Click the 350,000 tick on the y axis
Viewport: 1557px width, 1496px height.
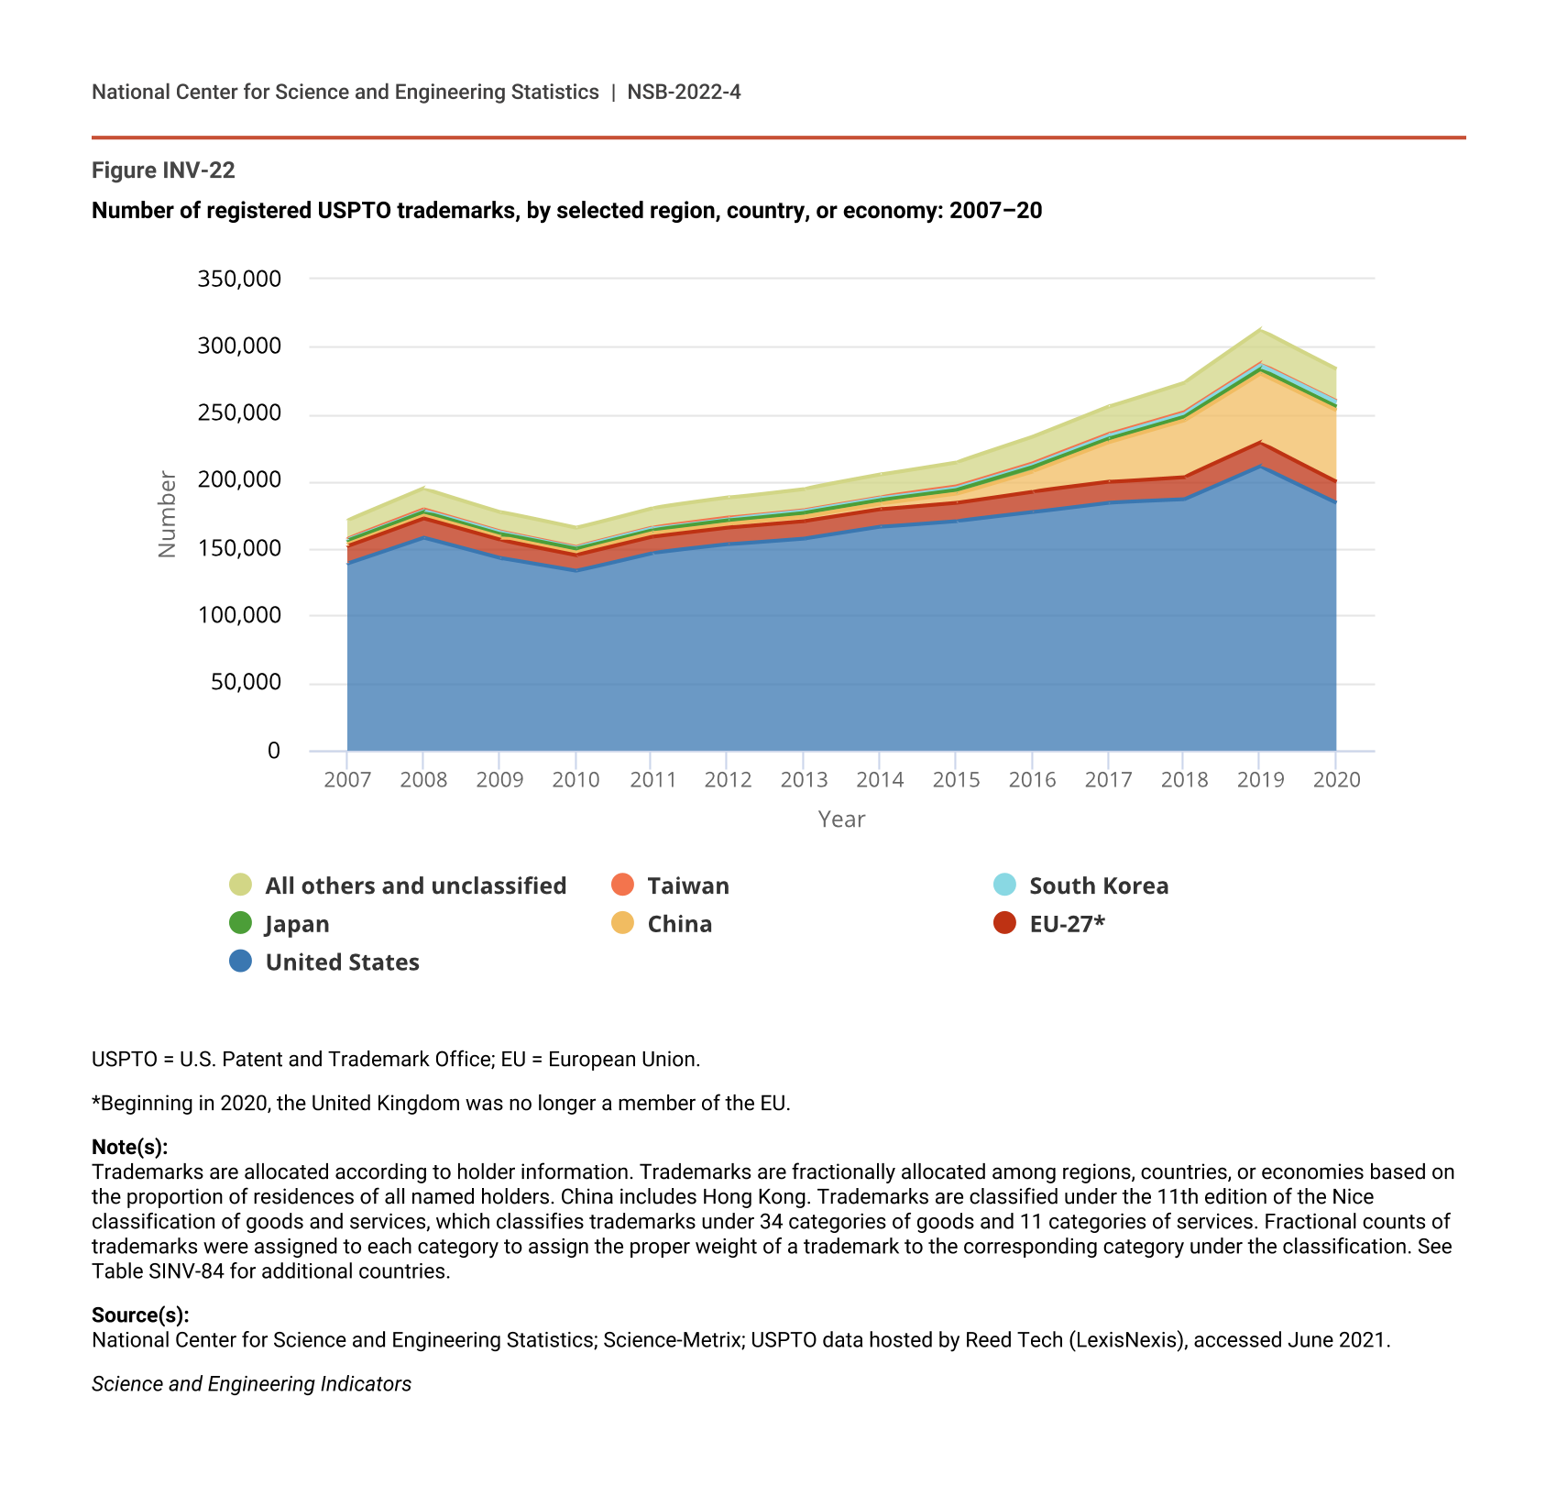(239, 279)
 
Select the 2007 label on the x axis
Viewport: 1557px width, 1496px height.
(347, 780)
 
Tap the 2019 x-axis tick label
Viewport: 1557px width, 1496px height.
(1260, 780)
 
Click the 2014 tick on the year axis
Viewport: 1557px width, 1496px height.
(880, 780)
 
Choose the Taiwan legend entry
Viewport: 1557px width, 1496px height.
(687, 886)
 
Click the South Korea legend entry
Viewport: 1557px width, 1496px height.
(1098, 886)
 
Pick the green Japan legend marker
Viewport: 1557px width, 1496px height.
(240, 923)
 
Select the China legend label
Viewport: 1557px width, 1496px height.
(679, 924)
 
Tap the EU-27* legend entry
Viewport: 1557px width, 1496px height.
(1067, 924)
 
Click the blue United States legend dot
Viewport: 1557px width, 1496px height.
(240, 962)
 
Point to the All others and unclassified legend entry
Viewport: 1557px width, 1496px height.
(415, 886)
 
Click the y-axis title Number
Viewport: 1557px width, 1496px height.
(167, 514)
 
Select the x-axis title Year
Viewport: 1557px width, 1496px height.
(841, 819)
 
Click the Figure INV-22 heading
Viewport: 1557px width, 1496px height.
(163, 170)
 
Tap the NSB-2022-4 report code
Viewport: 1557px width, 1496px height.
(684, 93)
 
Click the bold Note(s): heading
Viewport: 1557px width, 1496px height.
(129, 1148)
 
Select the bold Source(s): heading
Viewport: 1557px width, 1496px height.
(140, 1315)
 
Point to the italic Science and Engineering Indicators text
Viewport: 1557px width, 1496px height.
(251, 1384)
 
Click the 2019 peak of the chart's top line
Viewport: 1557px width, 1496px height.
(1260, 329)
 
